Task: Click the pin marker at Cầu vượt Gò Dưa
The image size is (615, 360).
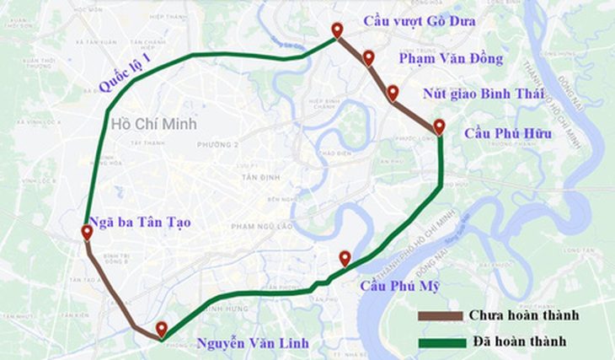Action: coord(337,30)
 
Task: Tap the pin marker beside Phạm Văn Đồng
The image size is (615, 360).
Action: coord(368,57)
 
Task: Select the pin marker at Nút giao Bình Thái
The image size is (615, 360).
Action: coord(393,92)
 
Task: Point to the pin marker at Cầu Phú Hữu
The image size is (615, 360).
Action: coord(439,126)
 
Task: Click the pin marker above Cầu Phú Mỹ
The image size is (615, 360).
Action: coord(344,258)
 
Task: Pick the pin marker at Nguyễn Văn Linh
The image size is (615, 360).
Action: coord(161,330)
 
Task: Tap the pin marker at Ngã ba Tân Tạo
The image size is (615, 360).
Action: coord(87,232)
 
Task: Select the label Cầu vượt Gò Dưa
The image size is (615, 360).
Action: coord(419,20)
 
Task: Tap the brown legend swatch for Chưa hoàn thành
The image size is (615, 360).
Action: coord(441,316)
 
